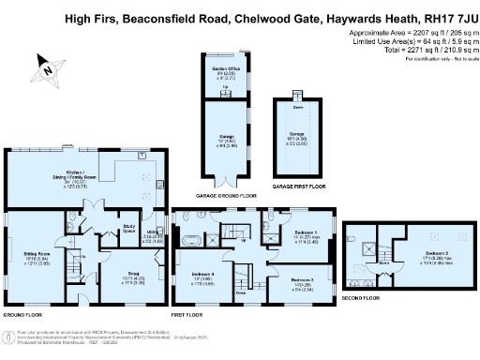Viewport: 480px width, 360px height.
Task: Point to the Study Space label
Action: [129, 226]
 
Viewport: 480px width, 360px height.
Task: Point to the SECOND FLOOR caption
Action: [361, 297]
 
